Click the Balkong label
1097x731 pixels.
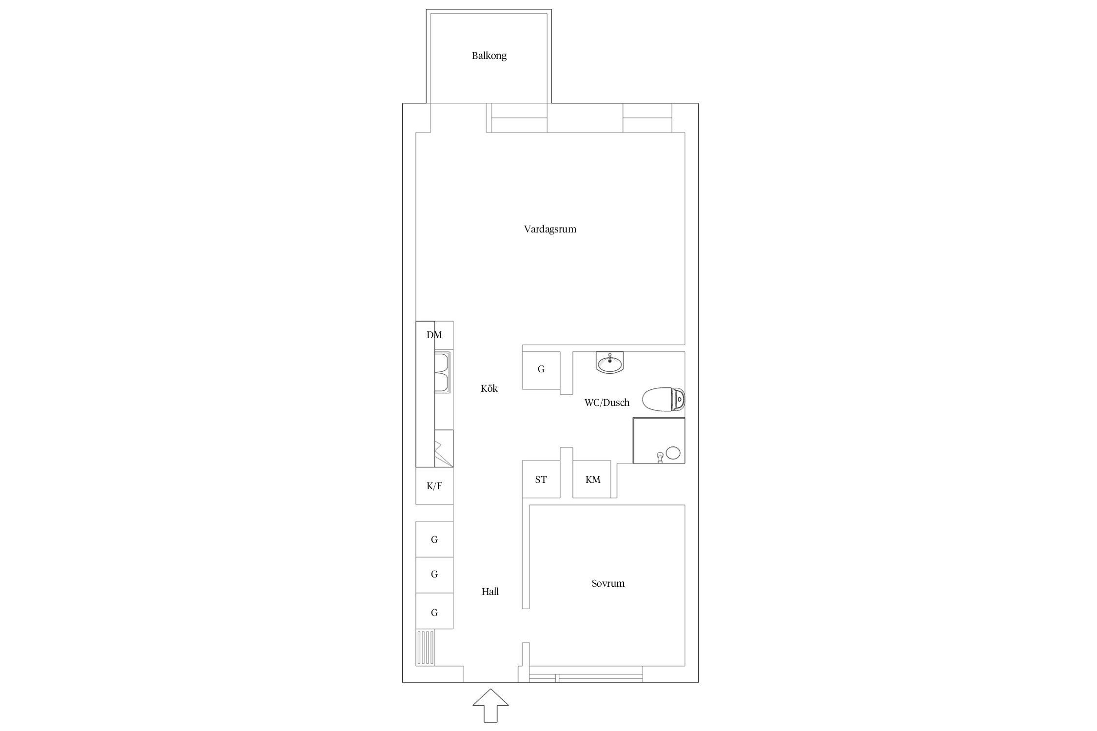point(489,56)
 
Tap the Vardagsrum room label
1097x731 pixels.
point(550,229)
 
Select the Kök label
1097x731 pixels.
point(489,388)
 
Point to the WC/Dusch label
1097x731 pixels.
point(607,403)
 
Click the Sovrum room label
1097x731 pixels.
point(608,583)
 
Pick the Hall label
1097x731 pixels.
point(490,592)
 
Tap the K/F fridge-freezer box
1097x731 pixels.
point(434,486)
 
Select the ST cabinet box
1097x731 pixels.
point(541,479)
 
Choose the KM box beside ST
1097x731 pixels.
point(592,479)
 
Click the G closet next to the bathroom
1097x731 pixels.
point(541,370)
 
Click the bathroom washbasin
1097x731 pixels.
point(610,363)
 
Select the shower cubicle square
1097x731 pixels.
point(659,441)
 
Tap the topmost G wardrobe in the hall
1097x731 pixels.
point(434,539)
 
